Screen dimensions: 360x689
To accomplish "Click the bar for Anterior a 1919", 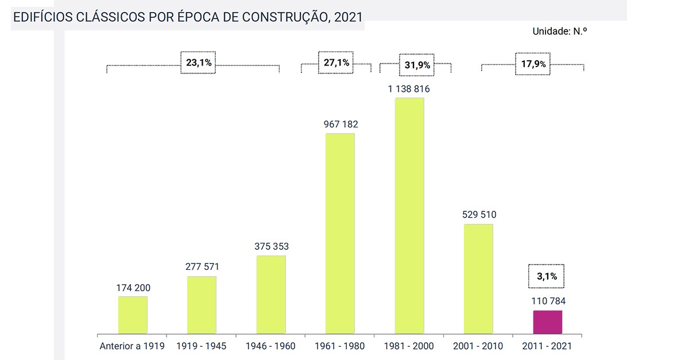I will tap(133, 315).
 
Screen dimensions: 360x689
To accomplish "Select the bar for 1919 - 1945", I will tap(202, 305).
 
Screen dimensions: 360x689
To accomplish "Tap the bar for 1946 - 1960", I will tap(271, 295).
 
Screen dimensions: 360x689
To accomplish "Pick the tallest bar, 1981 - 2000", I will tap(409, 215).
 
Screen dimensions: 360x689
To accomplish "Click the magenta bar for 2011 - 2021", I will tap(547, 322).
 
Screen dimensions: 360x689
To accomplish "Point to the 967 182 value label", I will tap(340, 124).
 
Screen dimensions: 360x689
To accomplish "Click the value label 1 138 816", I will tap(409, 89).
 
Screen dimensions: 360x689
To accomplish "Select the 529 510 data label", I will tap(479, 215).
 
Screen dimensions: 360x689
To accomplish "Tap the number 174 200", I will tap(133, 287).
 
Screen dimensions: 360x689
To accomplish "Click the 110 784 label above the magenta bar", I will tap(547, 301).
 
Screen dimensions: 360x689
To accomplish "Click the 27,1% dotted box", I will tap(336, 63).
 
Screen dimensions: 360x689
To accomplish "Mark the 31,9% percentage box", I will tap(417, 65).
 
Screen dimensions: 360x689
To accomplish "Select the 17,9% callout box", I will tap(533, 64).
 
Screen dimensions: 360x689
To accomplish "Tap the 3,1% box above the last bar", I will tap(547, 276).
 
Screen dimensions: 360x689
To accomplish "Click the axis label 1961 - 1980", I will tap(340, 346).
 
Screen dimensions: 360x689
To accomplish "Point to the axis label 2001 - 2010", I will tap(478, 346).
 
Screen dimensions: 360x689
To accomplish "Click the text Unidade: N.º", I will tap(560, 32).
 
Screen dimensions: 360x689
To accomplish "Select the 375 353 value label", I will tap(272, 246).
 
